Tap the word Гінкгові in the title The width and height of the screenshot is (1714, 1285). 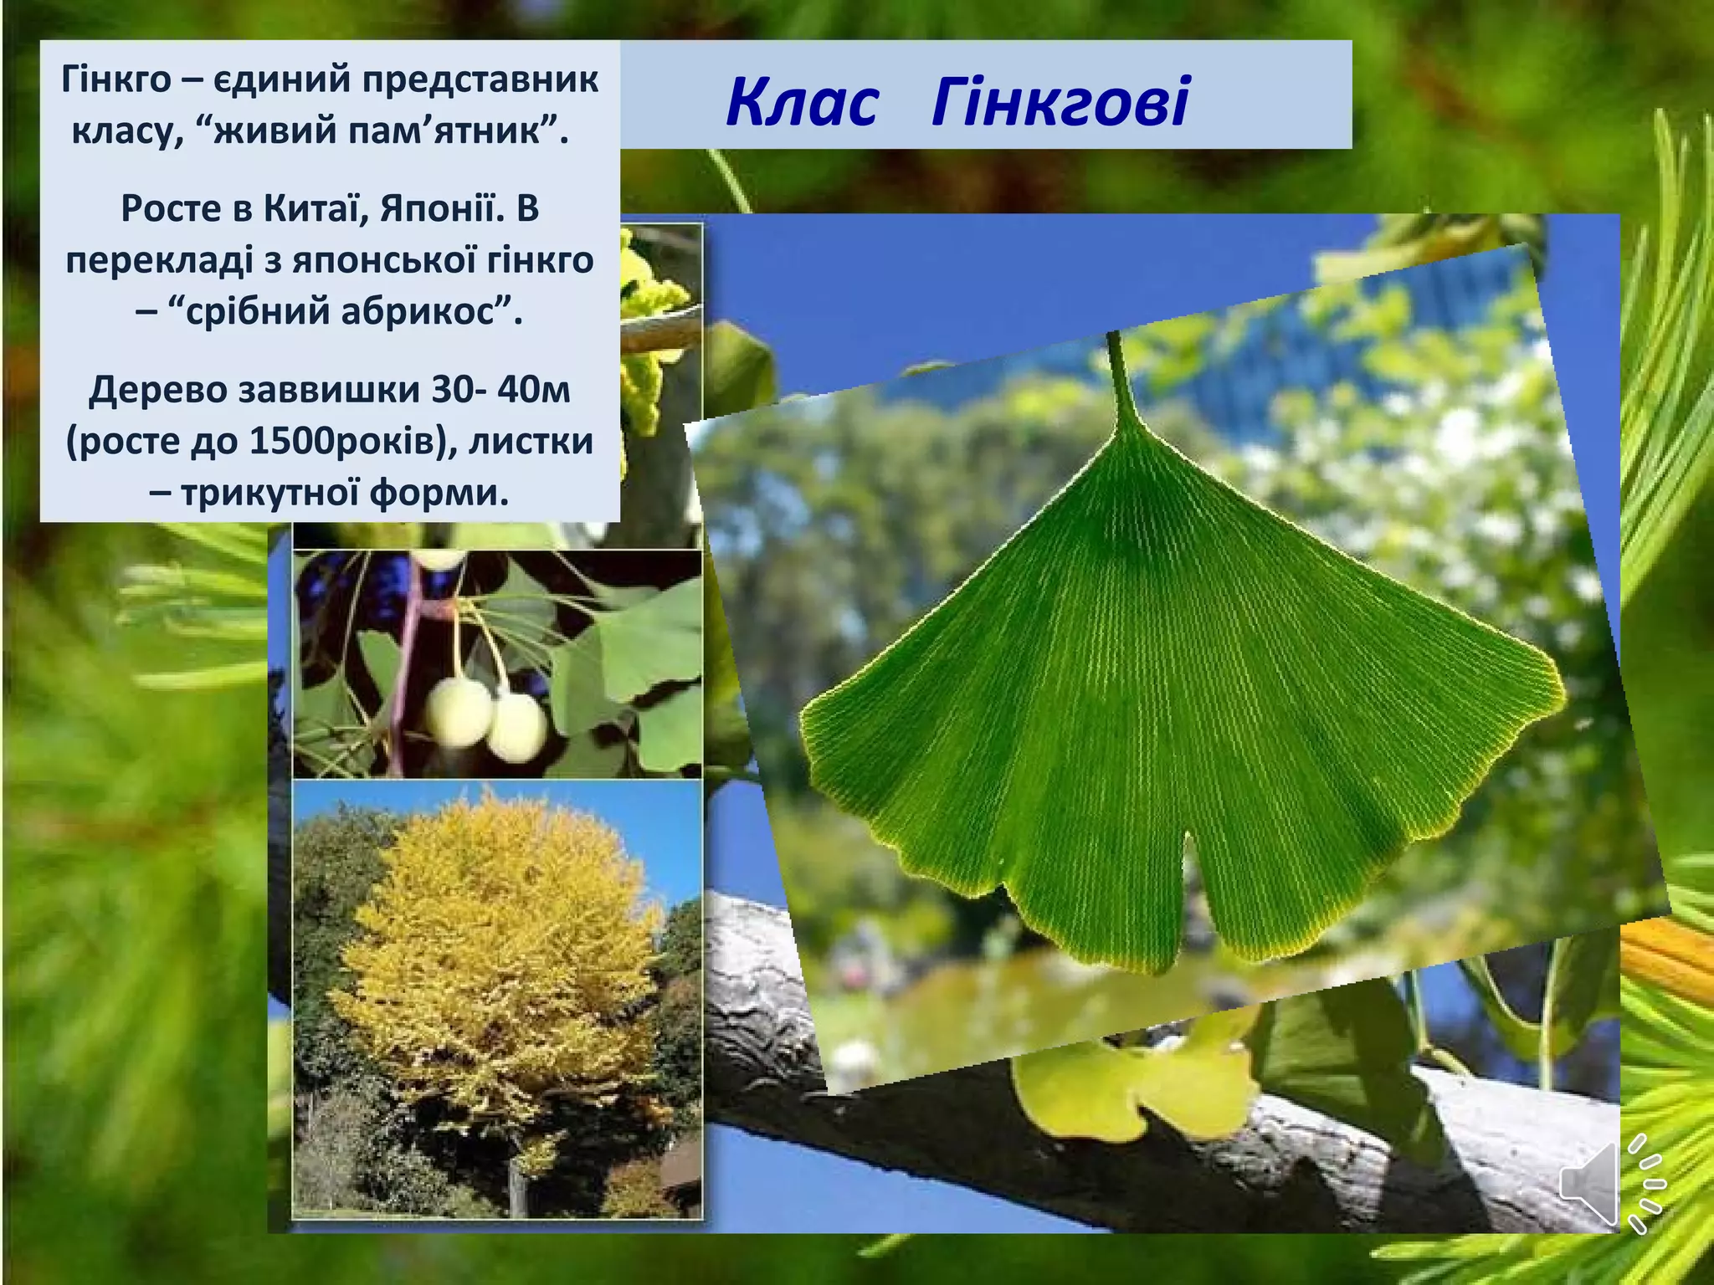click(1060, 103)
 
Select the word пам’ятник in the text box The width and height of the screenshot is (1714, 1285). click(450, 131)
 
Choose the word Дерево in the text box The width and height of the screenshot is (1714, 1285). click(158, 389)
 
